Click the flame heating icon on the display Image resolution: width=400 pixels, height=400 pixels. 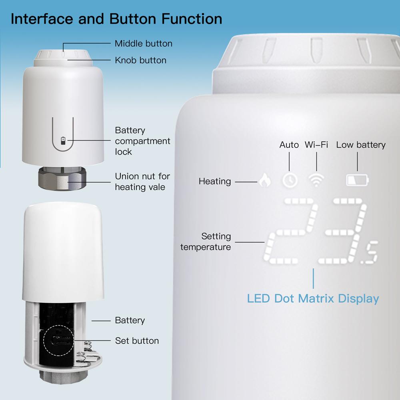(x=264, y=181)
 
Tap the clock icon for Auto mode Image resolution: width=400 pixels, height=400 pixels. (x=289, y=181)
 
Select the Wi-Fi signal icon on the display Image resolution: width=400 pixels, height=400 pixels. (x=316, y=181)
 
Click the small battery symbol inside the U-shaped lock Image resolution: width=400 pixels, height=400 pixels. (x=63, y=140)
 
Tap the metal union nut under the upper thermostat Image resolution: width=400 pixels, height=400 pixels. (x=64, y=179)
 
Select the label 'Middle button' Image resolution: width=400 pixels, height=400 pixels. (x=144, y=44)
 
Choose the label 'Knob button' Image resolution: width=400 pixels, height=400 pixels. (x=140, y=60)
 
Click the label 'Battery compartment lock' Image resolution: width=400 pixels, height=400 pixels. (x=142, y=141)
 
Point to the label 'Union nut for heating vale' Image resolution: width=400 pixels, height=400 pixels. (x=142, y=182)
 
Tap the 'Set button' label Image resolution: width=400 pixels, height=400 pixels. (x=137, y=341)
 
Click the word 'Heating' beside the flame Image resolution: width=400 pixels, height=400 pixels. (x=215, y=182)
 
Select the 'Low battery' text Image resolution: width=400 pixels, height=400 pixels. (x=361, y=145)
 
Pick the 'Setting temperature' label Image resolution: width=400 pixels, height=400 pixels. (x=206, y=242)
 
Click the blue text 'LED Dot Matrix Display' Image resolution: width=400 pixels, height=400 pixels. (x=313, y=298)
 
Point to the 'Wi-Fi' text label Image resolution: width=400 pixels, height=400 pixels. (x=316, y=145)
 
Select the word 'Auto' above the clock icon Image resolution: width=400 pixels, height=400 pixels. (x=289, y=145)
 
